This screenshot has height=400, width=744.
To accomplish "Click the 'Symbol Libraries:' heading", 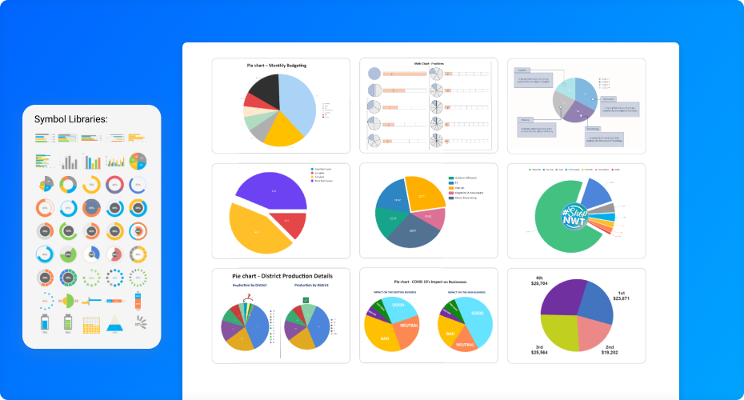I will (x=71, y=119).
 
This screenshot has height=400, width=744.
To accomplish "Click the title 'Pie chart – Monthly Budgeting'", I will (x=276, y=65).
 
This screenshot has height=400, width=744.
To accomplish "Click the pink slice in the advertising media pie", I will (x=431, y=219).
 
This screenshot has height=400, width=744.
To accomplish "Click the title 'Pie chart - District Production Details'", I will (x=282, y=276).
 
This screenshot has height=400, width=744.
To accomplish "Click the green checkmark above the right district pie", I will (x=306, y=299).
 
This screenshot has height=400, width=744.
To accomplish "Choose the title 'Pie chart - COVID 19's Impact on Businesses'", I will (x=430, y=282).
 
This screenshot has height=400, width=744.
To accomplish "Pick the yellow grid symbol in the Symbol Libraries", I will (x=91, y=326).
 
